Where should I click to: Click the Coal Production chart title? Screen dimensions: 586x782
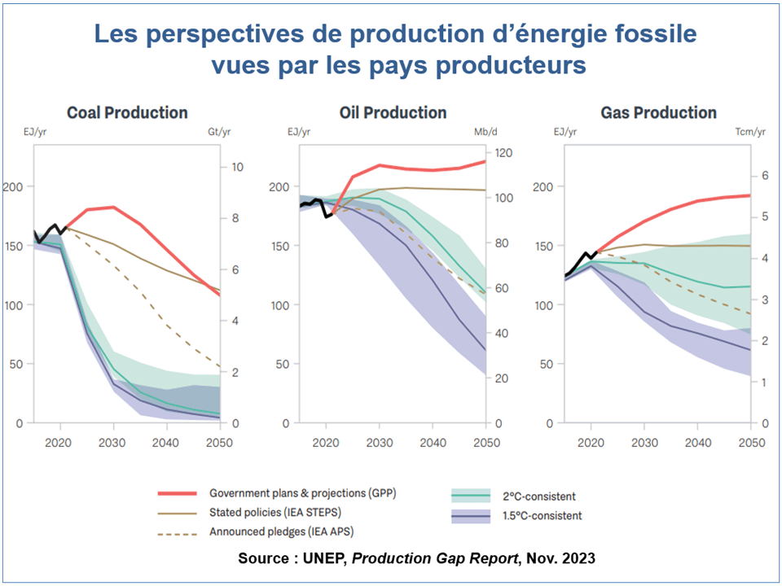(127, 112)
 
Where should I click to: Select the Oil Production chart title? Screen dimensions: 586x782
(393, 112)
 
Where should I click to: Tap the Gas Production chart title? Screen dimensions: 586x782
(658, 112)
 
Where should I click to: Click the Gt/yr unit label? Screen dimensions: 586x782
(220, 131)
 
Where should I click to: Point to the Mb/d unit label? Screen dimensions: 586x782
(486, 131)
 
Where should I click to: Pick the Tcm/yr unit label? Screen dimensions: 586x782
(750, 131)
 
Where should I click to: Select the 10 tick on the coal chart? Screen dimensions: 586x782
(238, 167)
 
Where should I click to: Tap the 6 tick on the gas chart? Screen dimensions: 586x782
(765, 175)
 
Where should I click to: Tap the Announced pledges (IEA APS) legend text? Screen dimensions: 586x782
(277, 532)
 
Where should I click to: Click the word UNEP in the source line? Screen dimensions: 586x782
(330, 559)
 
